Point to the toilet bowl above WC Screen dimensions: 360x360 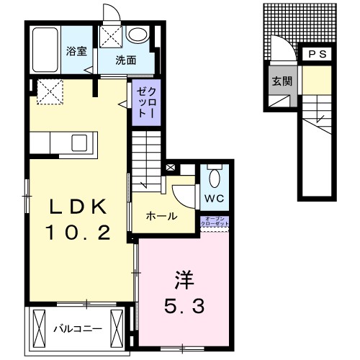215,176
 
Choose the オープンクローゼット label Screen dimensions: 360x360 216,222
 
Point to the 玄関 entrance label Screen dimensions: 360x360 282,81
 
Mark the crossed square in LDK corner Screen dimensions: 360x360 47,92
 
